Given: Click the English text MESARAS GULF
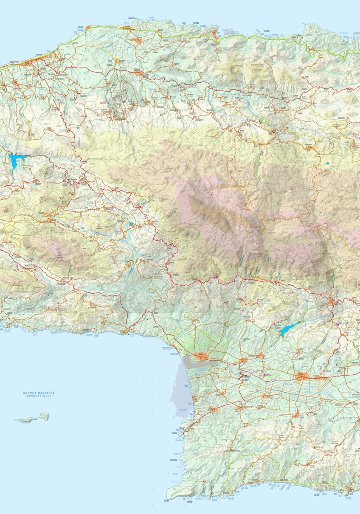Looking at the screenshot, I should [39, 396].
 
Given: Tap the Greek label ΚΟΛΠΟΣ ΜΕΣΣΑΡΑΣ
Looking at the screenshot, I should [39, 393].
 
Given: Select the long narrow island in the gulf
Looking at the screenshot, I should [26, 420].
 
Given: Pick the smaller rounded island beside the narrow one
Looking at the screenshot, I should [45, 416].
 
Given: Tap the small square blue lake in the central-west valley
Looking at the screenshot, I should [132, 224].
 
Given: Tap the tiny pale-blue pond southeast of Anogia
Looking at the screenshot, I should [327, 163].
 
